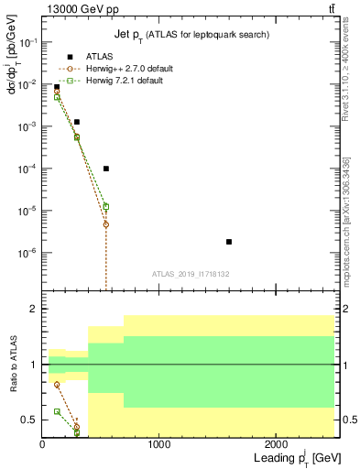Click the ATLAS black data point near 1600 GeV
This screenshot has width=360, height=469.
[229, 242]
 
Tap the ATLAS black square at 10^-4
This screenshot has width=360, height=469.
[106, 169]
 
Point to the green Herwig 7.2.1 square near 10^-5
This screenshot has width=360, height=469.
[106, 207]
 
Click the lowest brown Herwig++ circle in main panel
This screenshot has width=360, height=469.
[106, 224]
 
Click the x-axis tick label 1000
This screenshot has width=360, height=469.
[159, 444]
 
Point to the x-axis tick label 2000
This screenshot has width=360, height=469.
[277, 444]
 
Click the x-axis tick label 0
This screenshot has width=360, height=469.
[42, 444]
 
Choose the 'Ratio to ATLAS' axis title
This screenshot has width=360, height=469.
[12, 365]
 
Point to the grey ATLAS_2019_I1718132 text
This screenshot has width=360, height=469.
[190, 273]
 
